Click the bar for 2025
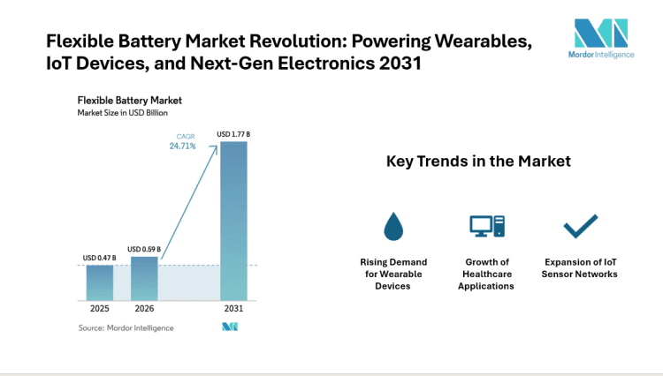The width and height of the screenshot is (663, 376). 99,282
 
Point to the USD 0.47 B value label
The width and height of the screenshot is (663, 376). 99,258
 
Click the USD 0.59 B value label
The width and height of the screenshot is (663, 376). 144,249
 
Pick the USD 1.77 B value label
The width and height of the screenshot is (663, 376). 233,134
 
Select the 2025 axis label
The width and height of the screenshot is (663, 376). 99,310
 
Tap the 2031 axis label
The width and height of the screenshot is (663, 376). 233,310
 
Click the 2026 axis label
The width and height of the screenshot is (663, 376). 144,310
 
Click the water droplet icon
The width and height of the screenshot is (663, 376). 393,227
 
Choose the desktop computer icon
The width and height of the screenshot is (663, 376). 486,227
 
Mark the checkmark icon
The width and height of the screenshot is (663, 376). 581,227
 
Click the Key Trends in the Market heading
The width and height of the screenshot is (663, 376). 478,162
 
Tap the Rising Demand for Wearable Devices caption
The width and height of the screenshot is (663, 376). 393,274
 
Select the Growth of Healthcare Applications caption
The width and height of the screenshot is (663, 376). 486,274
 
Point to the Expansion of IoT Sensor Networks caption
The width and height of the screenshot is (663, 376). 581,267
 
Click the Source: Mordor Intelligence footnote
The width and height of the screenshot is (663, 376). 126,327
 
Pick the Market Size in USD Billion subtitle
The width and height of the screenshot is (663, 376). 122,113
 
